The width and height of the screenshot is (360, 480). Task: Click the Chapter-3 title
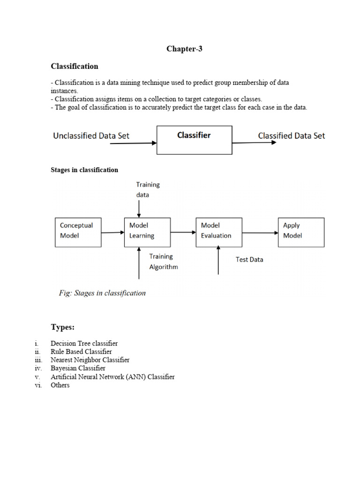coord(184,49)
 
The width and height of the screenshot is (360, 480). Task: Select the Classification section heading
coord(75,66)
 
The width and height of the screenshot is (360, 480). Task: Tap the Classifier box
coord(194,140)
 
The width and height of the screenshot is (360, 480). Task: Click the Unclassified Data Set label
coord(91,136)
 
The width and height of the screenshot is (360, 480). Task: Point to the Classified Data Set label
coord(291,135)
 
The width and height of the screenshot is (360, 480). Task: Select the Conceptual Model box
coord(78,232)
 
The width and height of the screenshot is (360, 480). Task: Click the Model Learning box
coord(147,232)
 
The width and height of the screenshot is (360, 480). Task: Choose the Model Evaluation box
coord(219,232)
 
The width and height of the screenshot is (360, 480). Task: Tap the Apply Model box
coord(301,232)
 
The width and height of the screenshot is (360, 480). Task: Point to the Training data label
coord(148,189)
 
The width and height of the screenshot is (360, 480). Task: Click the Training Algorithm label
coord(163,262)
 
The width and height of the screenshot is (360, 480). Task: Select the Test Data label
coord(249,259)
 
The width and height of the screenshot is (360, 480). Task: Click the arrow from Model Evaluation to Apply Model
coord(260,232)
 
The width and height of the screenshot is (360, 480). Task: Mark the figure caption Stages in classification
coord(102,293)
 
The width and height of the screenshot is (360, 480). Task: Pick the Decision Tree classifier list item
coord(84,343)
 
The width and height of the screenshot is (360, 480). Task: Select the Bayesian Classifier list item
coord(78,368)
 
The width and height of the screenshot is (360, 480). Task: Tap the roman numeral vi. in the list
coord(38,385)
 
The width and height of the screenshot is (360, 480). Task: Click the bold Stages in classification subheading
coord(84,170)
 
